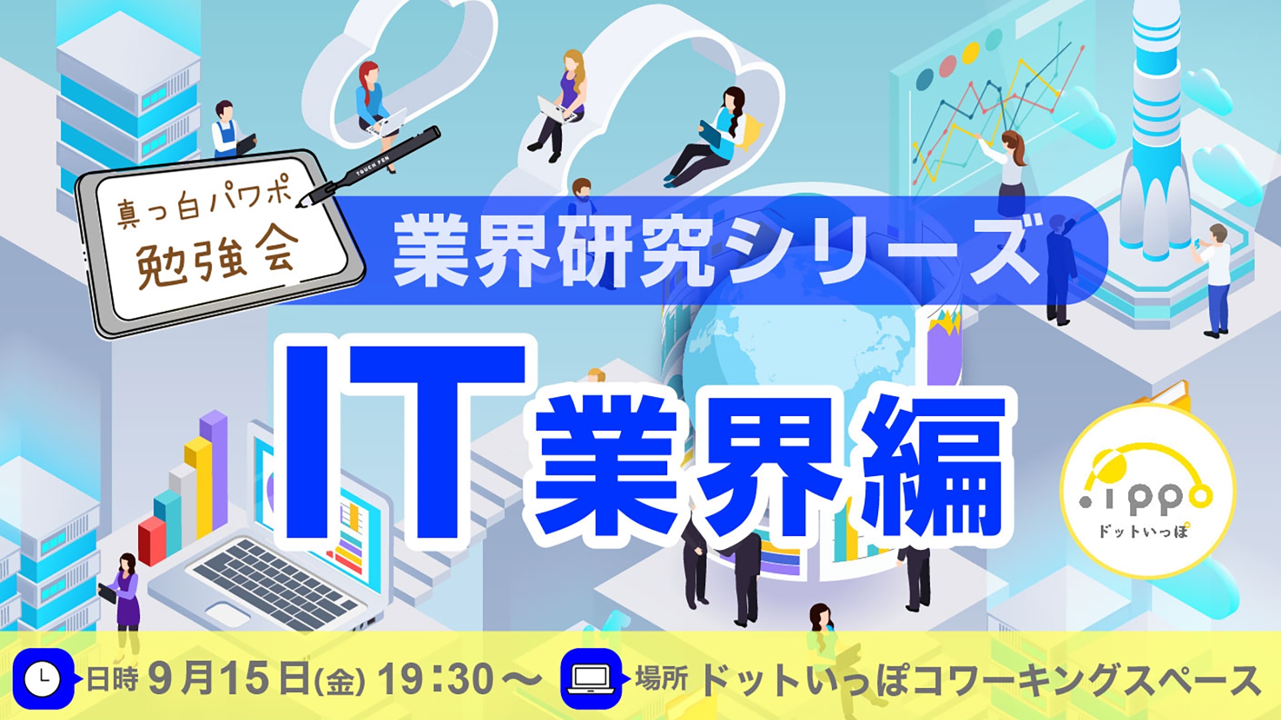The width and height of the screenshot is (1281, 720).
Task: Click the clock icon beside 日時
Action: [43, 679]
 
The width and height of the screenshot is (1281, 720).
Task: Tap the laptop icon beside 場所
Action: [591, 679]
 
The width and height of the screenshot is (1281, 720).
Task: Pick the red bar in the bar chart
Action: [151, 540]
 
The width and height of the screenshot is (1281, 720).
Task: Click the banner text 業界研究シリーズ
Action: [717, 252]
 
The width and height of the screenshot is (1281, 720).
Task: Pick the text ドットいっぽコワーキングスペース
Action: [981, 679]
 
